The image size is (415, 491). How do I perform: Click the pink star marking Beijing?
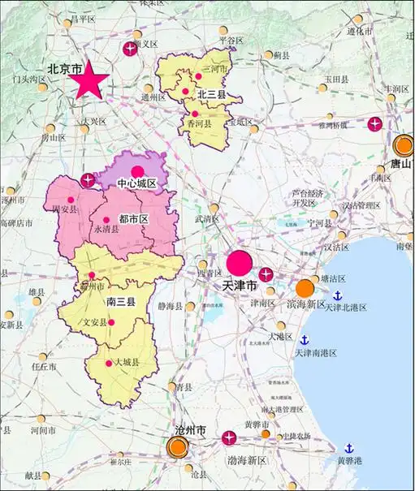[90, 81]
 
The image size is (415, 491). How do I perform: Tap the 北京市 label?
[65, 70]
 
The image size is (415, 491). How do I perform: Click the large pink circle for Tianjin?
[239, 264]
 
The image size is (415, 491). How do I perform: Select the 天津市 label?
[240, 286]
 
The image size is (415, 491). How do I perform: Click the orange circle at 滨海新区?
[305, 288]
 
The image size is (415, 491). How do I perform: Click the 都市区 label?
[133, 219]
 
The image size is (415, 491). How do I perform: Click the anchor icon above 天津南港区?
[305, 340]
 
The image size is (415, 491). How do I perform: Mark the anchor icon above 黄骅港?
[349, 448]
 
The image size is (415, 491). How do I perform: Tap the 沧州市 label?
[190, 429]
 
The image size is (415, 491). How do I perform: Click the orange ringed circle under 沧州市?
[177, 447]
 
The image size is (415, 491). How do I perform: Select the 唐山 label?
[400, 162]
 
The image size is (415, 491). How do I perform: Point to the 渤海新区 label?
[247, 460]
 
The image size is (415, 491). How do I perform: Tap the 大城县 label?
[126, 362]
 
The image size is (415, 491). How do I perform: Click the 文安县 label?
[95, 322]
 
